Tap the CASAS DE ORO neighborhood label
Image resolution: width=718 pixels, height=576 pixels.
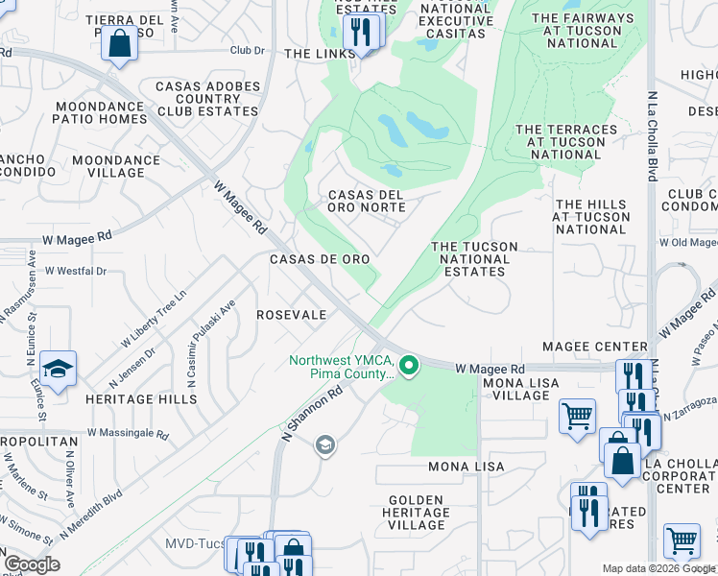[320, 259]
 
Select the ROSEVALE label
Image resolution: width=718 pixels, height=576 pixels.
[291, 315]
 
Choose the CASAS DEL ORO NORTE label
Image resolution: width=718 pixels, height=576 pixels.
[367, 201]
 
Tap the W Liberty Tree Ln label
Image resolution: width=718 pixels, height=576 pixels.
[153, 317]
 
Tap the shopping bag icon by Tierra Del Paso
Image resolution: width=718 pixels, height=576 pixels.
[119, 44]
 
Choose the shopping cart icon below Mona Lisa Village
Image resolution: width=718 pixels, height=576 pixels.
[578, 417]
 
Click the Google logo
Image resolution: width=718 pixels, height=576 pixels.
[32, 564]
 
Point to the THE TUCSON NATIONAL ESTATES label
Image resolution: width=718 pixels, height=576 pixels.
[474, 259]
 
